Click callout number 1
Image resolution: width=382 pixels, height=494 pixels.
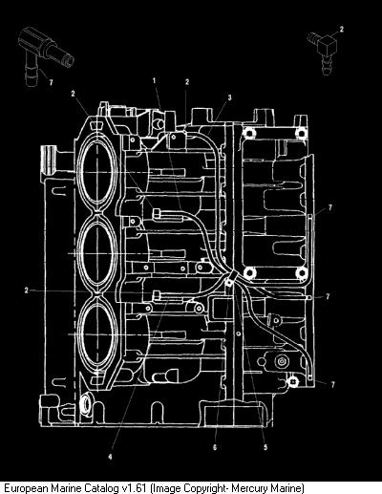click(155, 80)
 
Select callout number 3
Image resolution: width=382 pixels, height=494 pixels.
click(229, 97)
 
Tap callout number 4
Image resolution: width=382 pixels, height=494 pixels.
click(110, 457)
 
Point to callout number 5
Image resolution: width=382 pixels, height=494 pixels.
click(265, 447)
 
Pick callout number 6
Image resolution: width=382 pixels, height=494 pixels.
click(215, 447)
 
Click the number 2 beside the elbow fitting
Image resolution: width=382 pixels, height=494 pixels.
click(342, 30)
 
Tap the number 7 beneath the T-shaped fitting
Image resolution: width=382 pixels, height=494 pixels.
click(51, 83)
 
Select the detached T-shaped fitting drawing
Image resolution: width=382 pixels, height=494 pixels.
click(44, 55)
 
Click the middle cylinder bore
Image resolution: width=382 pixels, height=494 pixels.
click(96, 252)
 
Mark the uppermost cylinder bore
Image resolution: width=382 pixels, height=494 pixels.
click(96, 172)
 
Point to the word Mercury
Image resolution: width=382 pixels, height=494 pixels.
click(249, 488)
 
